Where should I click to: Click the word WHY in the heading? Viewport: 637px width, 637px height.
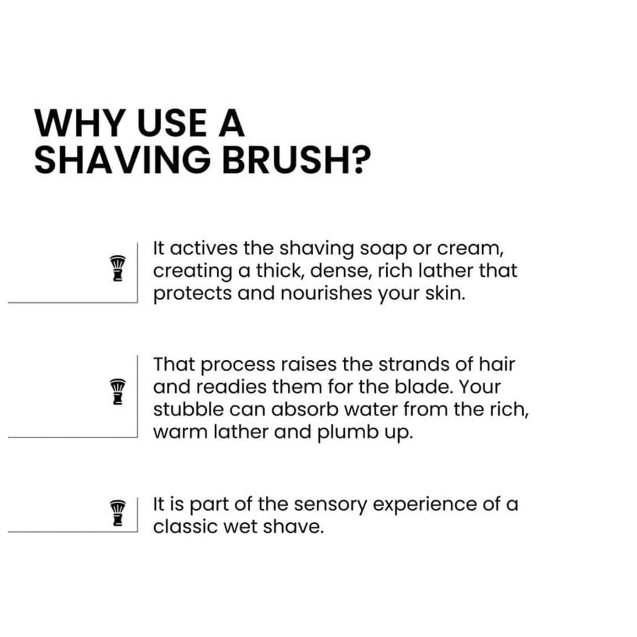coord(80,123)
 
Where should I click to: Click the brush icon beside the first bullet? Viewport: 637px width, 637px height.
coord(118,268)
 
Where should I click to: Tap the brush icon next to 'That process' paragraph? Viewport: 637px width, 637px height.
coord(118,391)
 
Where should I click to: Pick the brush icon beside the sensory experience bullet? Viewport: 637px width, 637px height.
coord(118,513)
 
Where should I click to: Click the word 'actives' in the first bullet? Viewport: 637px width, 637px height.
coord(204,248)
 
